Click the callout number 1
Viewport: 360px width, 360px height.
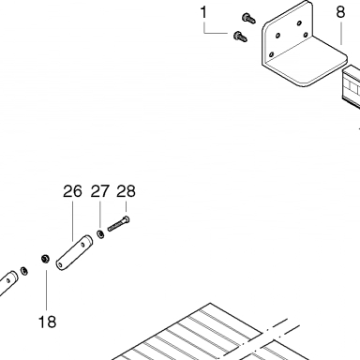coord(203,13)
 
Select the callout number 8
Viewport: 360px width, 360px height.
coord(340,12)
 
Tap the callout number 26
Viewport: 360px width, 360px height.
coord(72,191)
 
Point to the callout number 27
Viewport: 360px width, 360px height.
coord(100,191)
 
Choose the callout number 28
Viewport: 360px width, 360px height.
coord(127,191)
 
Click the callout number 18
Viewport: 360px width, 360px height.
coord(47,322)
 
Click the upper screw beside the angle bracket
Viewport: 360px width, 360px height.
coord(248,18)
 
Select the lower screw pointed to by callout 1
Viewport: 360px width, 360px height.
coord(240,37)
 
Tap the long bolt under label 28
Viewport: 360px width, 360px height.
coord(119,224)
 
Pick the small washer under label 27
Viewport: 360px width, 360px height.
coord(100,234)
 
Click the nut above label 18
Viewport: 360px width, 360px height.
coord(45,259)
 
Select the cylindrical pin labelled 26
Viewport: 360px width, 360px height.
coord(74,252)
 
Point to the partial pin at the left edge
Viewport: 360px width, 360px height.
coord(8,283)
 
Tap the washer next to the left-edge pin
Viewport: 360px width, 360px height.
coord(23,271)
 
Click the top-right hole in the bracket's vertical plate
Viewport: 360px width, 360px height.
coord(299,23)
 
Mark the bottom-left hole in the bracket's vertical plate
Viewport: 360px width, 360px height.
coord(271,55)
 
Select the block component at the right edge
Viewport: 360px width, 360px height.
coord(351,86)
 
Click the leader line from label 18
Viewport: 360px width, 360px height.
coord(47,291)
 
